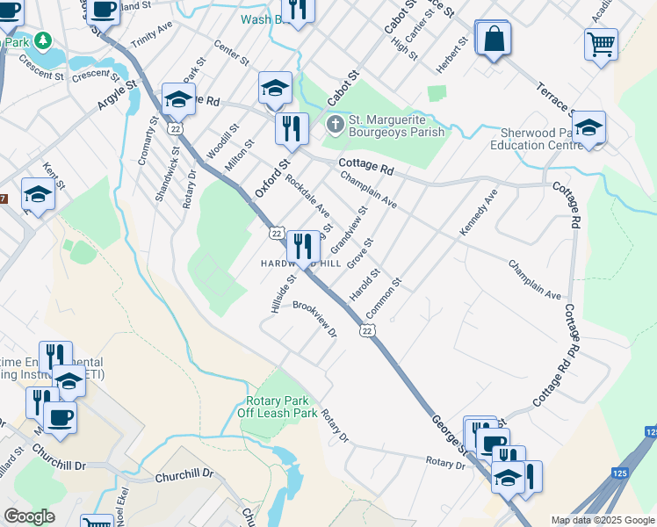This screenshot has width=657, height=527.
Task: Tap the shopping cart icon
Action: point(601,43)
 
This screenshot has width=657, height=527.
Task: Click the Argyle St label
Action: point(118,94)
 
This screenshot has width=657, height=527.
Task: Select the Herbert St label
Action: point(457,55)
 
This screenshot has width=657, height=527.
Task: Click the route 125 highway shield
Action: point(651,432)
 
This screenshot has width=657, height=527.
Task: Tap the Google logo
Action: point(29,516)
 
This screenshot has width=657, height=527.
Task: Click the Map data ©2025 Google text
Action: point(602,519)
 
